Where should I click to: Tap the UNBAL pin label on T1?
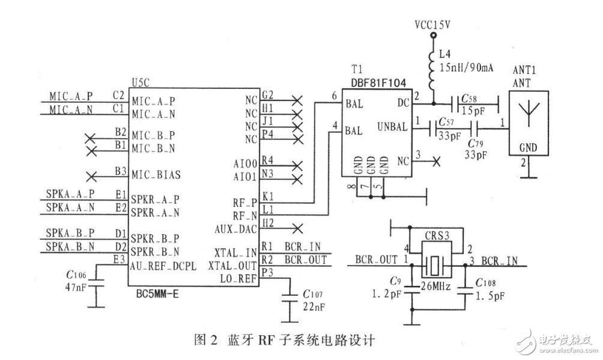(x=393, y=127)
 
